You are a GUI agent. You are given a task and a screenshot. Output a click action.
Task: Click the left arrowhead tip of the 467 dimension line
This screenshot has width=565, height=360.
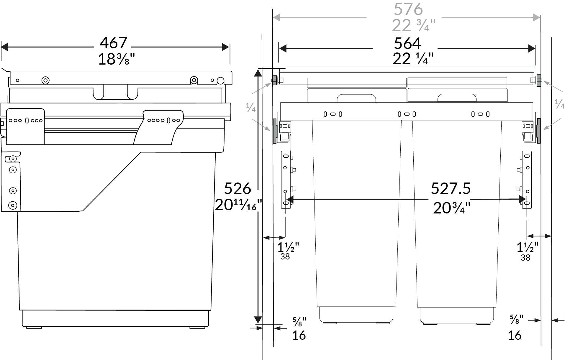[x=1, y=47]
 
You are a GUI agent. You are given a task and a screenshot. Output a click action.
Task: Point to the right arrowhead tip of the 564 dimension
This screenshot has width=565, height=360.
[x=535, y=48]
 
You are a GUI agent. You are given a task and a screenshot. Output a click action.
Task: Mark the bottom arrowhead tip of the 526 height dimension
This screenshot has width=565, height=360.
[x=258, y=323]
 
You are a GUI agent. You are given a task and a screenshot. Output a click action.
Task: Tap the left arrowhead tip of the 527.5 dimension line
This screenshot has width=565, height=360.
[x=286, y=200]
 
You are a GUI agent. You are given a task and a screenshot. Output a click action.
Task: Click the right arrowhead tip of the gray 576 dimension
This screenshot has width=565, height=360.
[x=540, y=17]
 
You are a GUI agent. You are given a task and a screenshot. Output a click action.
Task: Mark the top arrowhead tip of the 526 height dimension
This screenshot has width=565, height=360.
[x=258, y=69]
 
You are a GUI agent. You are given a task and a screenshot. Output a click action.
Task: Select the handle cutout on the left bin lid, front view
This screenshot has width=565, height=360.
[x=356, y=98]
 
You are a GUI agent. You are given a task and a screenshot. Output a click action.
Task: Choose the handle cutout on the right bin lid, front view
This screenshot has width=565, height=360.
[x=457, y=98]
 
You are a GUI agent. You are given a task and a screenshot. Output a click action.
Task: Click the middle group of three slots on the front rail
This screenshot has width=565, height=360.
[x=407, y=114]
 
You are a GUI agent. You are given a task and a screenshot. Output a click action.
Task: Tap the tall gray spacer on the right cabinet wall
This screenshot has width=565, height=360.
[x=538, y=131]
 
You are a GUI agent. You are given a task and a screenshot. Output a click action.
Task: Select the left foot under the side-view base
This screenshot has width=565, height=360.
[x=34, y=327]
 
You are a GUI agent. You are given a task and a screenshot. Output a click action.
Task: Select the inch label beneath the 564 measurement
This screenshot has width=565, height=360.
[x=413, y=59]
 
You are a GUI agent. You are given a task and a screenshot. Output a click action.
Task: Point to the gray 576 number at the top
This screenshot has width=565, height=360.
[x=408, y=9]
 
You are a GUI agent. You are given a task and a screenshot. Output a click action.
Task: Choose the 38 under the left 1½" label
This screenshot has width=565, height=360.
[x=285, y=257]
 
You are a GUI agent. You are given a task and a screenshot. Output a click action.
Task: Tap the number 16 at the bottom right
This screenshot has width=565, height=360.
[x=515, y=335]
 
